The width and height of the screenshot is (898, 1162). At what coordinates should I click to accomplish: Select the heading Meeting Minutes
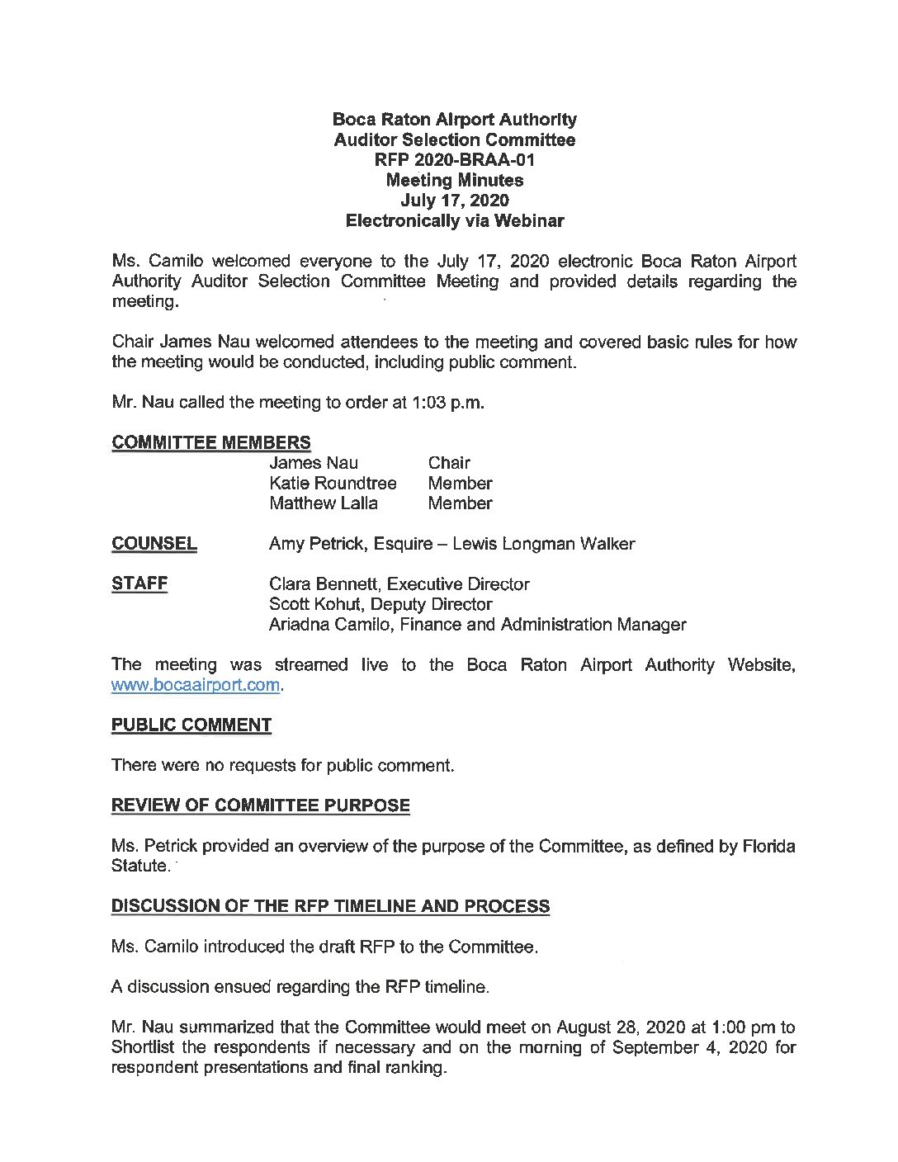click(x=455, y=180)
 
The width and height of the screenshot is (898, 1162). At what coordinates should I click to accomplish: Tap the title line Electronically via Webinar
click(x=455, y=220)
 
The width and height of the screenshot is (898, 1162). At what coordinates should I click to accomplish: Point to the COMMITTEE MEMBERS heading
click(x=211, y=443)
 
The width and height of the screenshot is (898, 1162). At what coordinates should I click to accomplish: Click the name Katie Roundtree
click(x=333, y=483)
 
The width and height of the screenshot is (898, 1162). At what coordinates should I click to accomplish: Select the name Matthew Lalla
click(x=324, y=503)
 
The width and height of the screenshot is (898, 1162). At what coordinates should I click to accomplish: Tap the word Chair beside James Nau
click(x=449, y=463)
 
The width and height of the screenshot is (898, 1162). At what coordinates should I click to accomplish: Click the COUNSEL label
click(x=154, y=544)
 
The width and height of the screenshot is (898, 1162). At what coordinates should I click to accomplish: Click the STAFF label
click(x=139, y=583)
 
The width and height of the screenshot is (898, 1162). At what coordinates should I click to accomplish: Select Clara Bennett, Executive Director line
click(x=399, y=583)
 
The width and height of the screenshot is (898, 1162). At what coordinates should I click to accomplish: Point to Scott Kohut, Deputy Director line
click(x=380, y=604)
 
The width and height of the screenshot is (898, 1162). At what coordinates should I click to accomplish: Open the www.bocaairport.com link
click(x=196, y=685)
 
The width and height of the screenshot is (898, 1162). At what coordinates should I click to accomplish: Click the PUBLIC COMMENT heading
click(x=191, y=725)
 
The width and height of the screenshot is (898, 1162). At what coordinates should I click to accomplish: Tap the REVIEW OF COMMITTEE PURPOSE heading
click(x=261, y=805)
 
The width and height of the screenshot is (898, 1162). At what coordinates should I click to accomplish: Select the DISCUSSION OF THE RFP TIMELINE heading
click(x=331, y=906)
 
